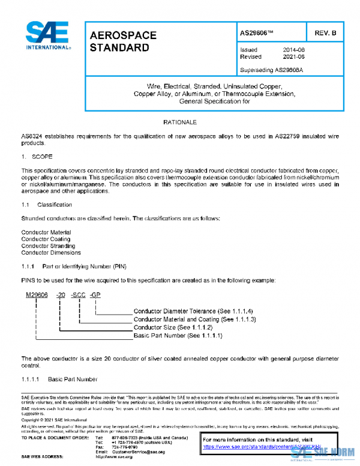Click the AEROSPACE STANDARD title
coord(123,41)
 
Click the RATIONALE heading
coord(180,122)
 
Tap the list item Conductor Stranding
coord(47,246)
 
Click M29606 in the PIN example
coord(37,295)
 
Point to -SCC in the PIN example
coord(78,295)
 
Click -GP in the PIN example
coord(95,295)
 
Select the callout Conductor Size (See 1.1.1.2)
coord(173,327)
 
